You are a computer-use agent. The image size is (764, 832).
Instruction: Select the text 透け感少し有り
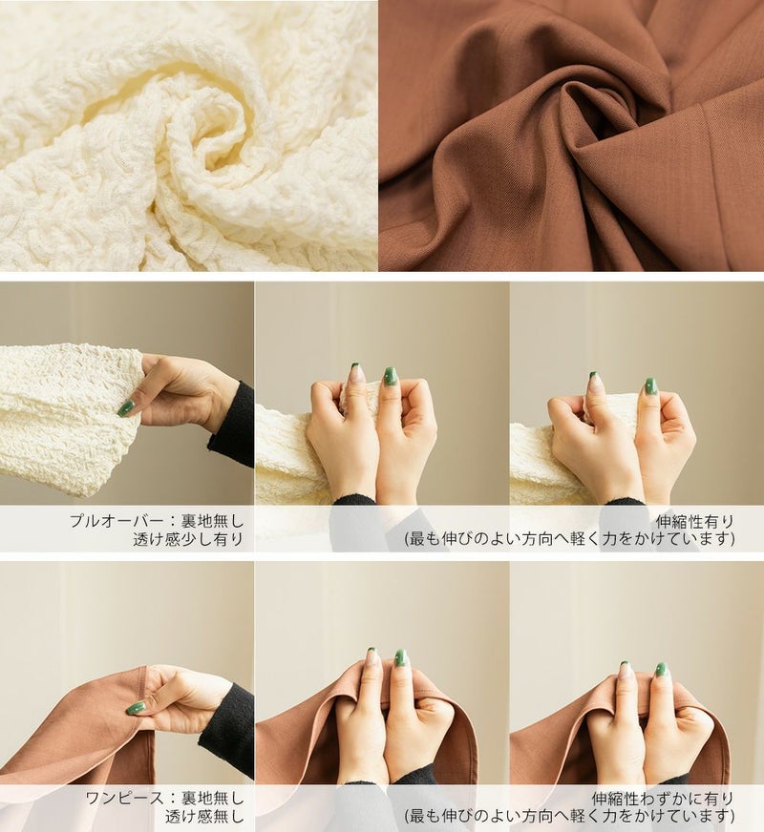point(188,539)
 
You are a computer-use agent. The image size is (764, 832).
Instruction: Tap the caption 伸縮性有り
point(695,521)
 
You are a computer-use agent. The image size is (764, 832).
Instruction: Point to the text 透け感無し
point(204,817)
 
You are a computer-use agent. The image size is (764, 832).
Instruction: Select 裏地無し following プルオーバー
point(212,521)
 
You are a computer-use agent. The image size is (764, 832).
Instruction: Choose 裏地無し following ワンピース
point(212,798)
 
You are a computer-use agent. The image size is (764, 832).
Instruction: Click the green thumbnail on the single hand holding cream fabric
point(126,407)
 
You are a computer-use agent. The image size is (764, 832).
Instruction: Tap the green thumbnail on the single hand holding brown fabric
point(136,708)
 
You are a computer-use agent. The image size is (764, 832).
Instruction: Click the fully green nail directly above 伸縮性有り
point(651,385)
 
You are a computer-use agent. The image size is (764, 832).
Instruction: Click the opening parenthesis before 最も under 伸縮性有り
point(408,540)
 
